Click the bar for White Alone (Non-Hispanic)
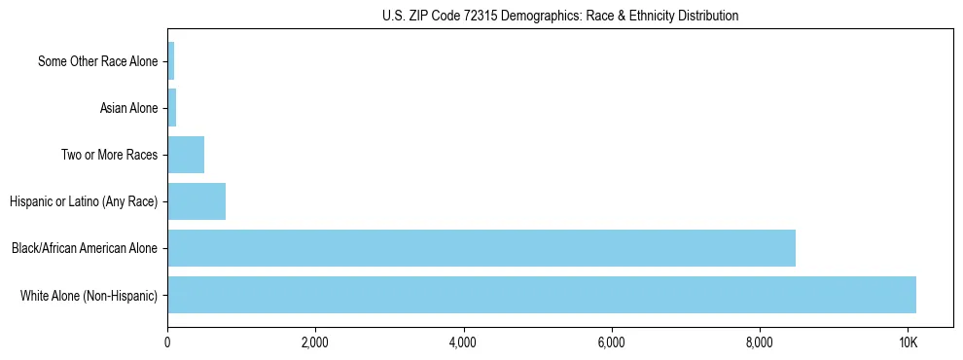pyautogui.click(x=541, y=295)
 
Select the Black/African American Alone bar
pyautogui.click(x=481, y=248)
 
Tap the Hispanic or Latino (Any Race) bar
pyautogui.click(x=196, y=201)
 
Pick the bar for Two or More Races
pyautogui.click(x=186, y=155)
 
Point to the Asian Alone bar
pyautogui.click(x=172, y=108)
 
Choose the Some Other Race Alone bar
pyautogui.click(x=171, y=61)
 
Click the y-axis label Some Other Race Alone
pyautogui.click(x=97, y=61)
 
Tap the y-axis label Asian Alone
pyautogui.click(x=128, y=108)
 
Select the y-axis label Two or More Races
pyautogui.click(x=109, y=155)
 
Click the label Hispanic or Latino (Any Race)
pyautogui.click(x=84, y=201)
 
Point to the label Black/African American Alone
pyautogui.click(x=85, y=248)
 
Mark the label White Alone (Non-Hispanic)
pyautogui.click(x=89, y=295)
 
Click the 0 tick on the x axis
pyautogui.click(x=167, y=342)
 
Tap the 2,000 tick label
pyautogui.click(x=315, y=342)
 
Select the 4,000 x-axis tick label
pyautogui.click(x=463, y=342)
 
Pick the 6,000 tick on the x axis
pyautogui.click(x=611, y=342)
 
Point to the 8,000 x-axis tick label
pyautogui.click(x=759, y=342)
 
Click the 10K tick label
pyautogui.click(x=908, y=342)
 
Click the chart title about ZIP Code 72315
pyautogui.click(x=559, y=16)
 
